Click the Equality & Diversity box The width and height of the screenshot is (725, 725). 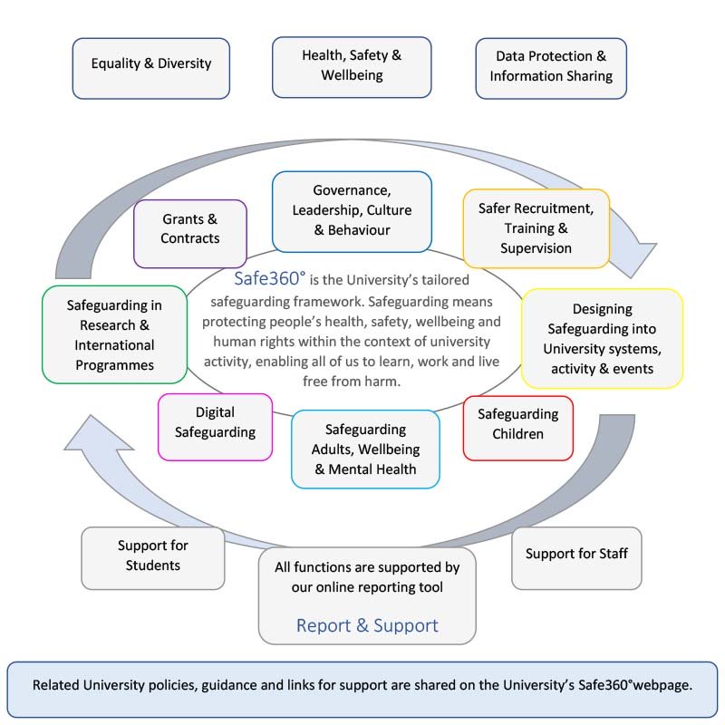[x=150, y=64]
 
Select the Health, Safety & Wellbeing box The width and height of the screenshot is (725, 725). [x=352, y=65]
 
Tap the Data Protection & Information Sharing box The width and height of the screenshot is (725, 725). [x=551, y=66]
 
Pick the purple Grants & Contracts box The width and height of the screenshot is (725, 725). [x=189, y=228]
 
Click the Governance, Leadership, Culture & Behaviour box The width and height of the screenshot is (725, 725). [x=352, y=210]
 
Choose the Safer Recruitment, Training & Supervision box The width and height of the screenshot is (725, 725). [x=536, y=227]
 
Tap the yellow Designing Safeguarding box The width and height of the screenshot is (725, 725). [x=602, y=338]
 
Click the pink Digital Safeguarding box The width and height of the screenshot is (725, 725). [x=215, y=422]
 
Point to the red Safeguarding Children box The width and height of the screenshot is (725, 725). [x=517, y=424]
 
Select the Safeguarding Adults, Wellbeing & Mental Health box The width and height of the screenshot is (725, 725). [x=364, y=449]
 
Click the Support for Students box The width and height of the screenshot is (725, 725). [x=152, y=556]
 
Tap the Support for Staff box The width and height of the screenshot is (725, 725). [x=576, y=554]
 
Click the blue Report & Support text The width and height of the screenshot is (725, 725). [x=367, y=625]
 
